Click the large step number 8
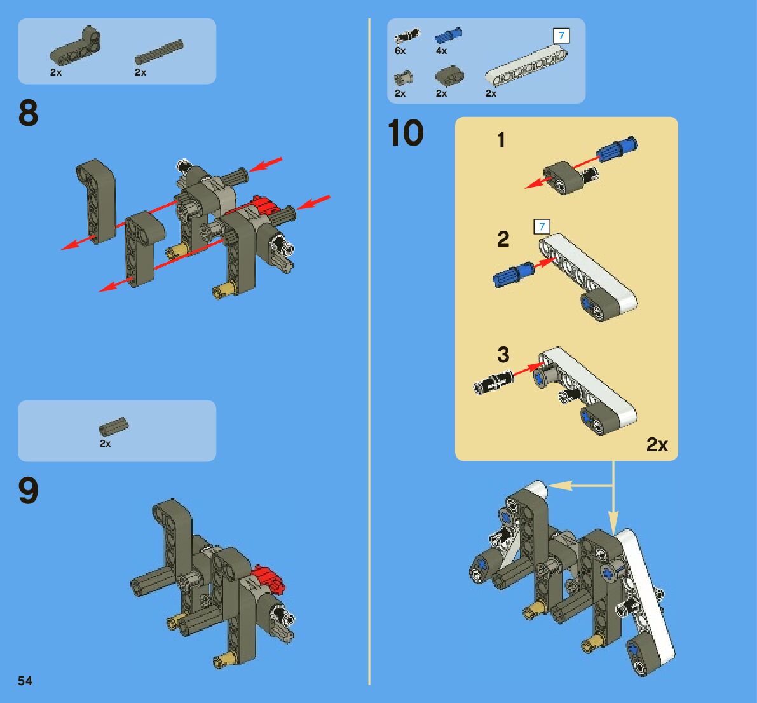[28, 113]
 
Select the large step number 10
[406, 133]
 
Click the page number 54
[25, 681]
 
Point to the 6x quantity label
[400, 51]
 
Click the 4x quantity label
[441, 51]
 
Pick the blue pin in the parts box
[449, 36]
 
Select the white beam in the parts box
[526, 65]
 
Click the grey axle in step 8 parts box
[159, 52]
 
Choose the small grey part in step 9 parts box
[114, 427]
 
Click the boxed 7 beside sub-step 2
[542, 226]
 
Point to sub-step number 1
[501, 140]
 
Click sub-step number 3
[503, 355]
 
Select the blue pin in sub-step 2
[513, 274]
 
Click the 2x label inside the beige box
[657, 445]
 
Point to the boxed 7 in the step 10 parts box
[561, 36]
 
